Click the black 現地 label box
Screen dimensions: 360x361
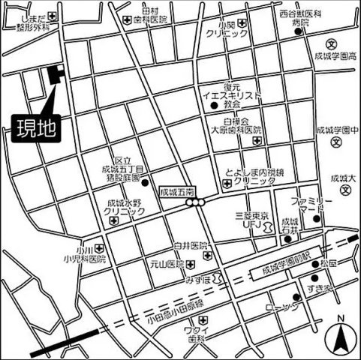37,127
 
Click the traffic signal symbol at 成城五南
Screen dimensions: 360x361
197,202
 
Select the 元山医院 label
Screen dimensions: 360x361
168,265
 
